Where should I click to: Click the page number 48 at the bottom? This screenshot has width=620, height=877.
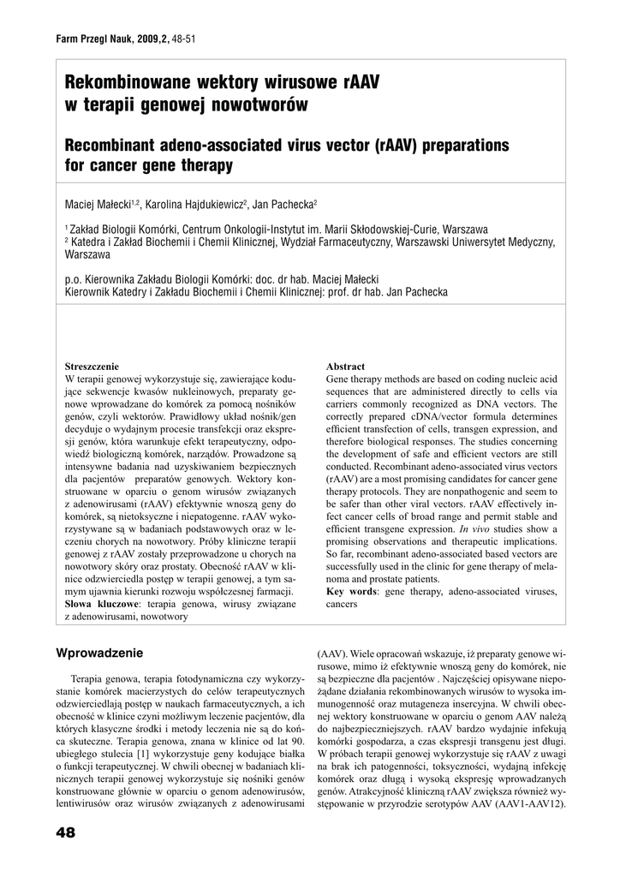pos(65,832)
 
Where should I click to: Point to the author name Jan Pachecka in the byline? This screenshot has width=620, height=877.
pos(284,206)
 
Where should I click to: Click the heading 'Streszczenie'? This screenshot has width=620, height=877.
pos(92,367)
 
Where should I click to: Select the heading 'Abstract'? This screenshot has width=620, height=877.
pos(345,367)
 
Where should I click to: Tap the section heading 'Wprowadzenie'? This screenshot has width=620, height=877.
pos(99,653)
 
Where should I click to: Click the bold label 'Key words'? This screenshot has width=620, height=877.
pos(351,592)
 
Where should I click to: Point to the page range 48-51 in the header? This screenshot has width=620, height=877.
pos(184,39)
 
